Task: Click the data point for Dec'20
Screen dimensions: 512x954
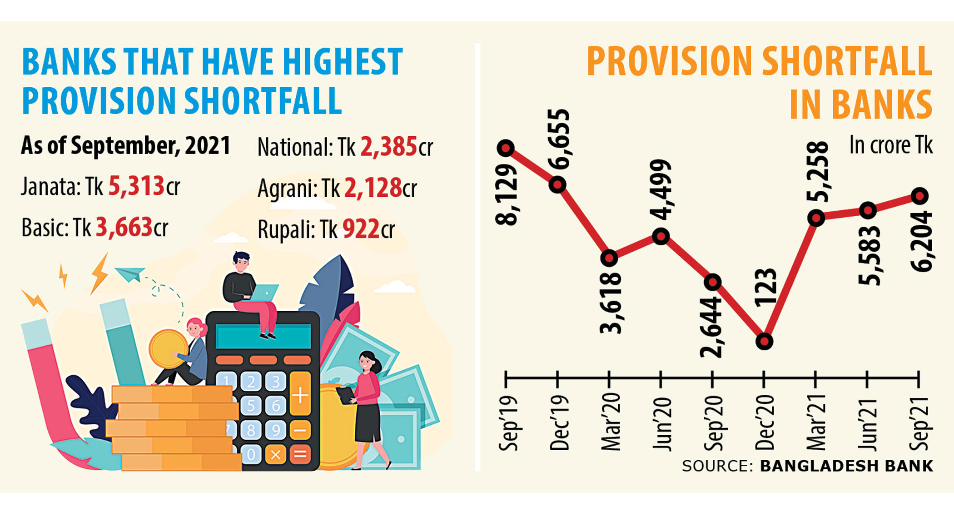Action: tap(764, 341)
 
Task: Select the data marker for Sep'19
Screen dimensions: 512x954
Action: tap(506, 148)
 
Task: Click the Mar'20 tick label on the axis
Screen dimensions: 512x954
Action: tap(611, 422)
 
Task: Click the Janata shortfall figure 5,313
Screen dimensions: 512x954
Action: tap(136, 186)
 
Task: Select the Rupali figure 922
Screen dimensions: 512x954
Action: tap(361, 229)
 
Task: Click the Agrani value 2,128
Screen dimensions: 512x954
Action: tap(373, 188)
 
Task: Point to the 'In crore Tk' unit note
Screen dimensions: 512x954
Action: tap(890, 145)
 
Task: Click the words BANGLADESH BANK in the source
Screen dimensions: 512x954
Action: tap(846, 466)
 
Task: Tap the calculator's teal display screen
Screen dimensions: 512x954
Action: tap(263, 337)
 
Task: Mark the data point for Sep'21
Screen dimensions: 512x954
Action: tap(920, 196)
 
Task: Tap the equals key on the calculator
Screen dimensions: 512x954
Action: tap(300, 454)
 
